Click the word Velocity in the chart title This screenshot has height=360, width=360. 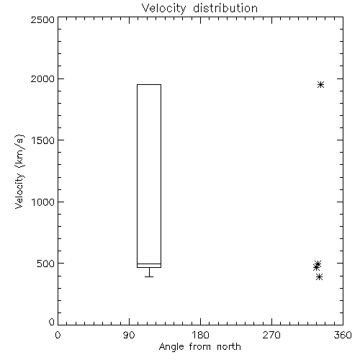pyautogui.click(x=163, y=9)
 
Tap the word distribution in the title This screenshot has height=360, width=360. pyautogui.click(x=225, y=8)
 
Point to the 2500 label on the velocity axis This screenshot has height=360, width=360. pyautogui.click(x=42, y=19)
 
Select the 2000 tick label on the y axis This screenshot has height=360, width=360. pyautogui.click(x=42, y=78)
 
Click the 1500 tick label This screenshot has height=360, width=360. pyautogui.click(x=43, y=140)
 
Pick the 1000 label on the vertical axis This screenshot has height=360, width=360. pyautogui.click(x=43, y=202)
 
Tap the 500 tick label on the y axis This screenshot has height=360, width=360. pyautogui.click(x=46, y=264)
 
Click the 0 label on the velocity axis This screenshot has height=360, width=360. pyautogui.click(x=52, y=322)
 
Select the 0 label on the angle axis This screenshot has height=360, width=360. pyautogui.click(x=58, y=335)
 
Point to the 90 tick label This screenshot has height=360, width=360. pyautogui.click(x=129, y=335)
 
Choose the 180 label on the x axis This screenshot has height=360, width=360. pyautogui.click(x=200, y=335)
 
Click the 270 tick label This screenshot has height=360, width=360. pyautogui.click(x=271, y=335)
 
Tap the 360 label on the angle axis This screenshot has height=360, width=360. pyautogui.click(x=343, y=335)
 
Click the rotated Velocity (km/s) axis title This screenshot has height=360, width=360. pyautogui.click(x=19, y=171)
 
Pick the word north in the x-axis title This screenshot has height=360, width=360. pyautogui.click(x=229, y=346)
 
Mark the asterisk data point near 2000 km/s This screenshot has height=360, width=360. pyautogui.click(x=320, y=85)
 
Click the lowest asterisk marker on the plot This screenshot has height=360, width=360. pyautogui.click(x=319, y=277)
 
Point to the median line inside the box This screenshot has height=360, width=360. pyautogui.click(x=149, y=264)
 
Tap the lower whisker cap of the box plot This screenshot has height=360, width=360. pyautogui.click(x=149, y=276)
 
